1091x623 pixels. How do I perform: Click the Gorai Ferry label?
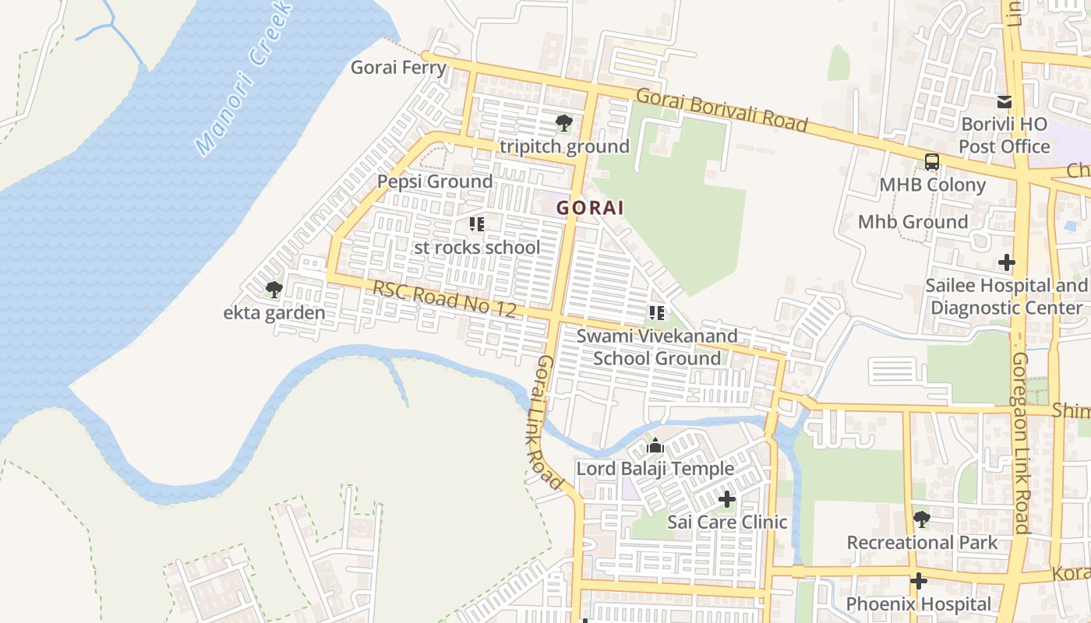click(x=398, y=67)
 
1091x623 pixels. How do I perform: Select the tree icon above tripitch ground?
click(x=563, y=123)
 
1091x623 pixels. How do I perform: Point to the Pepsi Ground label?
click(x=435, y=181)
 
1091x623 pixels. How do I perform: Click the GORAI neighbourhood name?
click(x=590, y=208)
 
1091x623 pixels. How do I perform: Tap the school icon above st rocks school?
click(x=477, y=225)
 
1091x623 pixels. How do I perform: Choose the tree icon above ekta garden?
click(x=274, y=290)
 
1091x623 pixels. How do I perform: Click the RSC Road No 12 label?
click(x=444, y=298)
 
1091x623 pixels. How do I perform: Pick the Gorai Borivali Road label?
click(x=722, y=110)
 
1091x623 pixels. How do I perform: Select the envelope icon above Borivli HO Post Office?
click(x=1004, y=102)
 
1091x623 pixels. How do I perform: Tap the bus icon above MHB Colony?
click(x=931, y=162)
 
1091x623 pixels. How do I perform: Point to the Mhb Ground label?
click(x=913, y=222)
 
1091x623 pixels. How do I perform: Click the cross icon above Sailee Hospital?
click(x=1007, y=262)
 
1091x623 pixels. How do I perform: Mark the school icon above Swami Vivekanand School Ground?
click(x=656, y=313)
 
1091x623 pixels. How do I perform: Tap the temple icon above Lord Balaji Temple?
click(x=655, y=445)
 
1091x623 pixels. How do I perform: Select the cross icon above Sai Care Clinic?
click(x=727, y=498)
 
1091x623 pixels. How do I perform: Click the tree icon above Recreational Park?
click(x=922, y=519)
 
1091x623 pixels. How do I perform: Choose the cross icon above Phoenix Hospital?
click(x=919, y=581)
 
